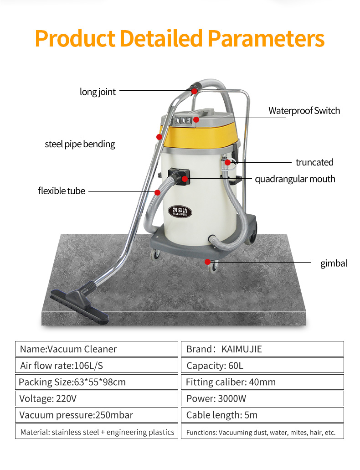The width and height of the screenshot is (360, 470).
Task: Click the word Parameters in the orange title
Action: (266, 39)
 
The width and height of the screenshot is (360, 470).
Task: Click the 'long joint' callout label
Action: (98, 92)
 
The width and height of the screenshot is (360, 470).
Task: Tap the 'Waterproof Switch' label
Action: (304, 111)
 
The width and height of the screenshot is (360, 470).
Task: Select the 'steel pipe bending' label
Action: (80, 144)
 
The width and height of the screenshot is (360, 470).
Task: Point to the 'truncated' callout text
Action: (314, 162)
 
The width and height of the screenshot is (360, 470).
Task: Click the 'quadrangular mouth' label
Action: (295, 179)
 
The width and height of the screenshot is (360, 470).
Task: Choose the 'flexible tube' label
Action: (62, 191)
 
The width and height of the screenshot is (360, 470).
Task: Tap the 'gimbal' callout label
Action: (334, 263)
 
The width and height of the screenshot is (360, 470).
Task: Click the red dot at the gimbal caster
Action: (207, 262)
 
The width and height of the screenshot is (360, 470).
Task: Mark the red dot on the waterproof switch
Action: (196, 119)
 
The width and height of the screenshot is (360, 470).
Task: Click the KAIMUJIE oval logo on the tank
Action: (180, 212)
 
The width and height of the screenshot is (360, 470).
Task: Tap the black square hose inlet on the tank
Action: (179, 176)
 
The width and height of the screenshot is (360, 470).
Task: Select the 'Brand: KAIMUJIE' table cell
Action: (262, 349)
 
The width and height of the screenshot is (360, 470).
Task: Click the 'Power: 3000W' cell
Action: (262, 398)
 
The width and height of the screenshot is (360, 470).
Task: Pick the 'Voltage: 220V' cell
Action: (97, 398)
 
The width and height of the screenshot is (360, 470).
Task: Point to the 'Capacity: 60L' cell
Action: (262, 366)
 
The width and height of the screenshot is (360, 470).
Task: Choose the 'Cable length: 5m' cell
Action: (262, 415)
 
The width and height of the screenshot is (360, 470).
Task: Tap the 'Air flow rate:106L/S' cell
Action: (97, 366)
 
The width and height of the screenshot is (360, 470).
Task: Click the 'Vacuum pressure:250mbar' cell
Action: (97, 415)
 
